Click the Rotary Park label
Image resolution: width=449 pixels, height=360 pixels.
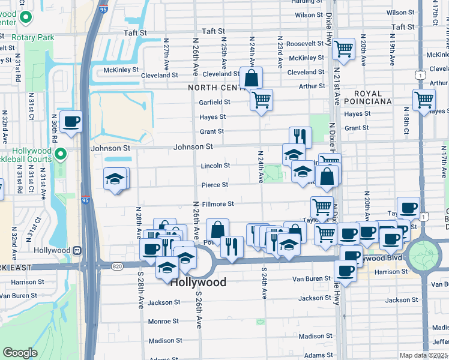click(36, 37)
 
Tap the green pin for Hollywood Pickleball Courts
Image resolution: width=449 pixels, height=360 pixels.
click(61, 156)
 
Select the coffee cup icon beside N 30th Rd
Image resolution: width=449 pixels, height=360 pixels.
click(71, 122)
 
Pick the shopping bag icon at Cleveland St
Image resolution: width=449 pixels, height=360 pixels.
click(251, 78)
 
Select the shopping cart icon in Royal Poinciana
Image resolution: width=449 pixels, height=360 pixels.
click(424, 100)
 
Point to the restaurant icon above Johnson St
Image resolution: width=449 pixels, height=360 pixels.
click(300, 137)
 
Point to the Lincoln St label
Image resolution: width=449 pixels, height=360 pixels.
click(215, 166)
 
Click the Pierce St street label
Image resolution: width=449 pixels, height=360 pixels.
click(214, 185)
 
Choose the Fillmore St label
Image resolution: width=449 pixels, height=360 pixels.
click(217, 204)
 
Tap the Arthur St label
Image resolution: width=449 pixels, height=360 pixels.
click(312, 86)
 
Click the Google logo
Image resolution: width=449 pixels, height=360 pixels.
click(20, 353)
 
